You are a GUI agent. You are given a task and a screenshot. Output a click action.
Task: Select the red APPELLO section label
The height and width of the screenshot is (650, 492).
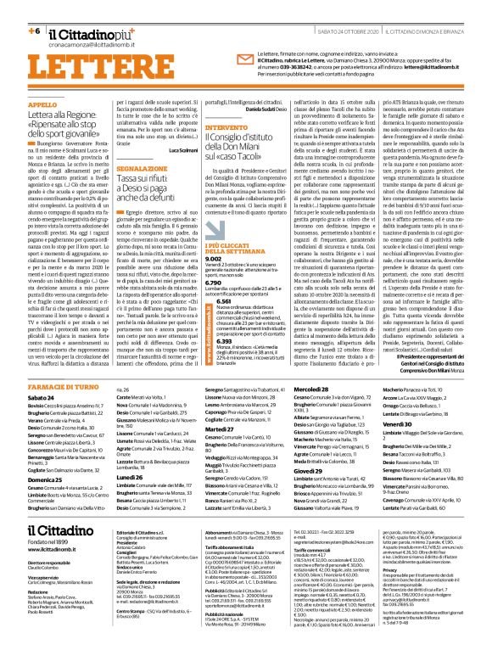[x=44, y=104]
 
